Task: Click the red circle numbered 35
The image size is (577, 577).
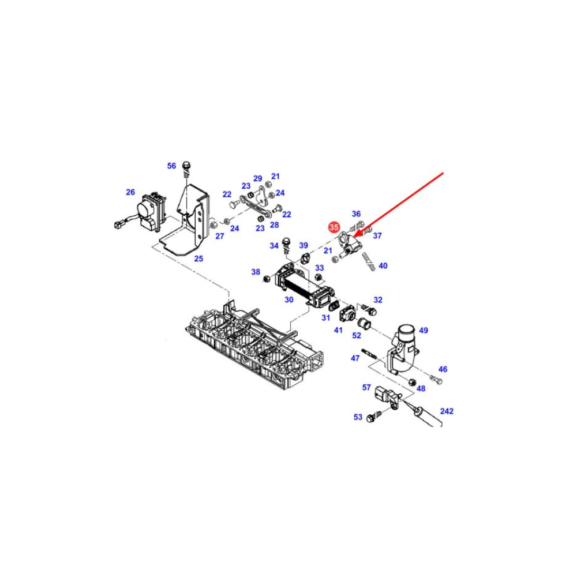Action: pyautogui.click(x=334, y=227)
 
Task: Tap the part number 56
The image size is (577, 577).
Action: pyautogui.click(x=172, y=166)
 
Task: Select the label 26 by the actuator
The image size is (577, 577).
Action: pyautogui.click(x=130, y=192)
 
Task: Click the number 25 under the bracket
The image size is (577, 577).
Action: pyautogui.click(x=198, y=258)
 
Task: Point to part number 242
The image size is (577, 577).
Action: pyautogui.click(x=447, y=411)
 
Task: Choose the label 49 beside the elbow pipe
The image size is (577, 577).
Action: pyautogui.click(x=424, y=331)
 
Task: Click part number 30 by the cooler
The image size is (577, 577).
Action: pyautogui.click(x=289, y=300)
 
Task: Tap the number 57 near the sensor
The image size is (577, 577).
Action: pyautogui.click(x=366, y=387)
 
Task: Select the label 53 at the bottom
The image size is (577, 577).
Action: pyautogui.click(x=358, y=417)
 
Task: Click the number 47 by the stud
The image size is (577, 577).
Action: pyautogui.click(x=355, y=358)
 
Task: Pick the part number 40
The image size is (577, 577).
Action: pyautogui.click(x=383, y=265)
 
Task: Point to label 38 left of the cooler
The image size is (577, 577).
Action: pyautogui.click(x=256, y=272)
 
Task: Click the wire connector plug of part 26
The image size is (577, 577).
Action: pyautogui.click(x=118, y=224)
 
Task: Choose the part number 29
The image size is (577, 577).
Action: pyautogui.click(x=257, y=179)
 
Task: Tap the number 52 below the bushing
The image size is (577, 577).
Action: pyautogui.click(x=357, y=336)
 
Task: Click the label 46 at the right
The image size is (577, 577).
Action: pyautogui.click(x=443, y=369)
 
